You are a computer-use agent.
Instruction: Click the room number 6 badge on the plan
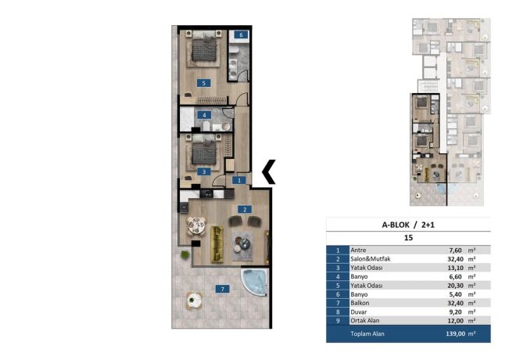[x=241, y=34]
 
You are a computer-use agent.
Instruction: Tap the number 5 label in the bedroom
[x=203, y=83]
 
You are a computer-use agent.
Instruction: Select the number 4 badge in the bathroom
[x=204, y=115]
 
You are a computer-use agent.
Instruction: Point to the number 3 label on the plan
[x=204, y=172]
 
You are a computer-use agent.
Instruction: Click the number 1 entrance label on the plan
[x=239, y=180]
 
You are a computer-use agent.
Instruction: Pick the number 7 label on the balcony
[x=222, y=289]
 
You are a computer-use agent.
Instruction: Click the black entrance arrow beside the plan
[x=269, y=172]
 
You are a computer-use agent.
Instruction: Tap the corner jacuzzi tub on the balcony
[x=254, y=282]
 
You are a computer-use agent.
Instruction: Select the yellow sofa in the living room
[x=217, y=245]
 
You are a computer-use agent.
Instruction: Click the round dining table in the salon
[x=196, y=226]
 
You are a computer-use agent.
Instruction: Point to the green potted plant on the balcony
[x=185, y=254]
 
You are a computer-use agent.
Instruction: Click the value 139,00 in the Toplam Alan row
[x=455, y=333]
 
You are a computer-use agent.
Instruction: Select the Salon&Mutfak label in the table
[x=371, y=259]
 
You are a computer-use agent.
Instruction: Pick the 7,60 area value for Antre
[x=455, y=250]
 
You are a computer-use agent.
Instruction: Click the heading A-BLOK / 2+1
[x=408, y=225]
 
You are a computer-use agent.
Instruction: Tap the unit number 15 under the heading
[x=408, y=238]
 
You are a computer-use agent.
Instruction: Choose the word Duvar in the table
[x=359, y=312]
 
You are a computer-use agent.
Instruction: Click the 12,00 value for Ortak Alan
[x=455, y=321]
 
